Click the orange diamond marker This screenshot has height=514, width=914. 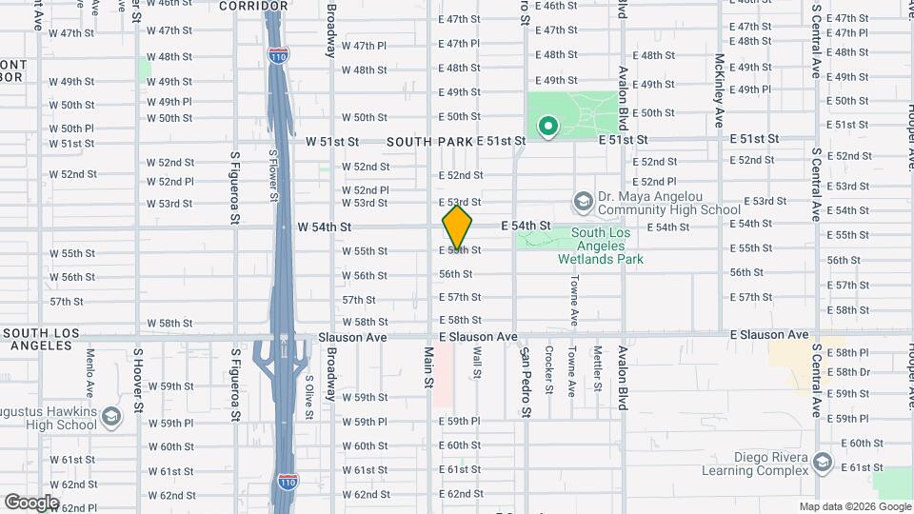click(x=458, y=227)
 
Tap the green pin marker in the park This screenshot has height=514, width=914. click(x=547, y=125)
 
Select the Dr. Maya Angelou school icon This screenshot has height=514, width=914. click(x=583, y=202)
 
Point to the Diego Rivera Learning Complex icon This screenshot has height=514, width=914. click(x=824, y=463)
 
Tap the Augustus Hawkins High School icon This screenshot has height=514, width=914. click(x=111, y=418)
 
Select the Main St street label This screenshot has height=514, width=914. click(x=428, y=366)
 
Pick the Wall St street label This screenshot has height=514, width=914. click(x=476, y=362)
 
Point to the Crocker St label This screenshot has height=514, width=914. click(x=550, y=369)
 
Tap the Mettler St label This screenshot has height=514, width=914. click(x=598, y=369)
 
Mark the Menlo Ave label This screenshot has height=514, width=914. click(x=90, y=372)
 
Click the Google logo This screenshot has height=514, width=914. click(x=31, y=503)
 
